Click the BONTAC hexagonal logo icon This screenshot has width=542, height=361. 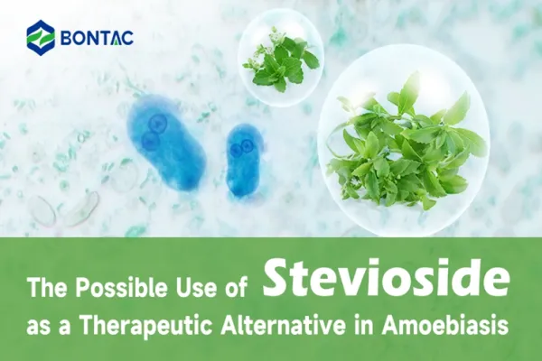tap(41, 37)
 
